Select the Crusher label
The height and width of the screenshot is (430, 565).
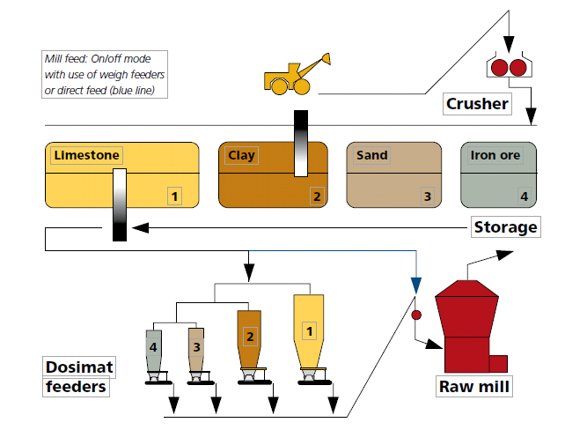click(x=478, y=104)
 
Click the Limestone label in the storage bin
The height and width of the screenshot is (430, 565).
click(x=85, y=155)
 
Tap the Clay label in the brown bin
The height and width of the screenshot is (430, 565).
click(x=241, y=156)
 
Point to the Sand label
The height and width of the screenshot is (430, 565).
click(x=371, y=155)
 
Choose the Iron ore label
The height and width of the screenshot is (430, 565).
click(x=495, y=156)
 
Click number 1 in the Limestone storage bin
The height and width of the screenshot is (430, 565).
click(x=175, y=196)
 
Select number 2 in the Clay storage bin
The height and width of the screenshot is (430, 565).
click(x=316, y=196)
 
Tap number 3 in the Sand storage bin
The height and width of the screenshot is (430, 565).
click(x=427, y=196)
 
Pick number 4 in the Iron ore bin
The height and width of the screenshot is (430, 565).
click(x=524, y=196)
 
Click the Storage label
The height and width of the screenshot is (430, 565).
click(x=505, y=227)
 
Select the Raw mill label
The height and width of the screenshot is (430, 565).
click(x=474, y=387)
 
